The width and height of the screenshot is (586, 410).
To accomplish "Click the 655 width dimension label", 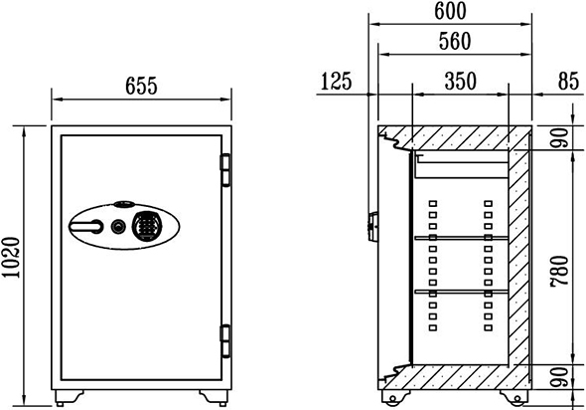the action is pos(141,86).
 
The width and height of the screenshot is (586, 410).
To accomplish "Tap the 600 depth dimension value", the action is pos(450,11).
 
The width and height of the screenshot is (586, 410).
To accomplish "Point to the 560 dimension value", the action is pos(455,41).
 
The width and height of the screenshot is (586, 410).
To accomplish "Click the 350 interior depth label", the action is pos(461,82).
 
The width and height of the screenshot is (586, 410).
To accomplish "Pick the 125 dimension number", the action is pos(337,82).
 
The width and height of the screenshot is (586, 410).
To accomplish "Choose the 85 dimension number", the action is pos(569,82).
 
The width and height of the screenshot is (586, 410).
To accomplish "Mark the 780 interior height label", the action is pos(559,272).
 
